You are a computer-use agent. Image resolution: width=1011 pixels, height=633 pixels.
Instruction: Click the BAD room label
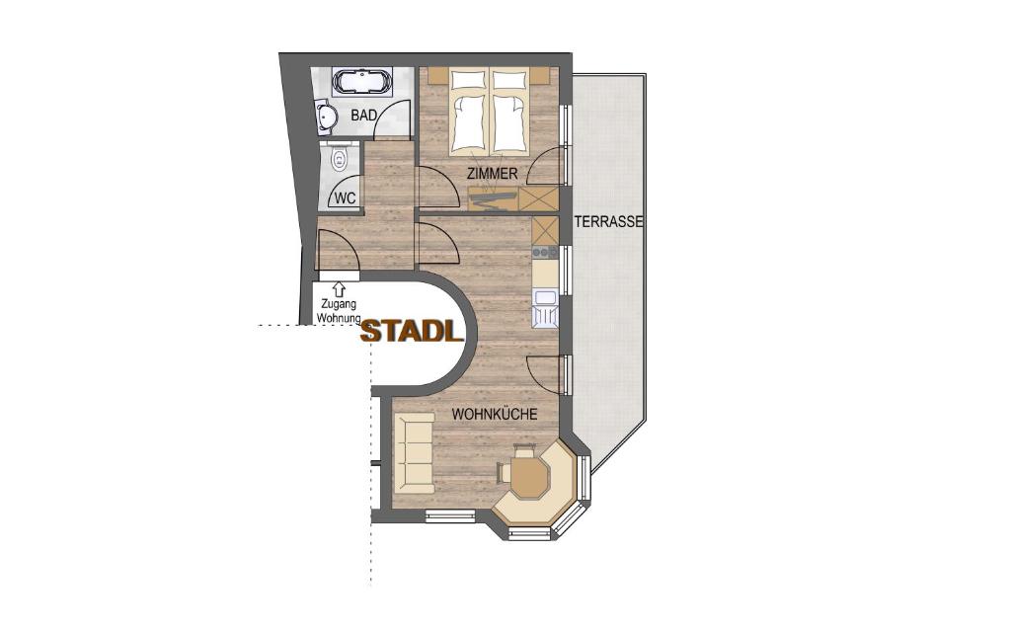coord(363,116)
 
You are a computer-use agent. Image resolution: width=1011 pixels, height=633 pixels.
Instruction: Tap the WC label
coord(345,198)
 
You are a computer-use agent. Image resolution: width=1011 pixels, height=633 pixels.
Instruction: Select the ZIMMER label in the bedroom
coord(493,175)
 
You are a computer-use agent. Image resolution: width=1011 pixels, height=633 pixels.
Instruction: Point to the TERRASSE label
coord(609,223)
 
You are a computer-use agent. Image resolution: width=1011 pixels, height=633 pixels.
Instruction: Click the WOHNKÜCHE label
coord(495,414)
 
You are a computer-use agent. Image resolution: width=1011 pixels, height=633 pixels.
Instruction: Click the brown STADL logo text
coord(412,332)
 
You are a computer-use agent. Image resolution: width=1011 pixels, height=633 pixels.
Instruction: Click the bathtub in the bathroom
coord(361,80)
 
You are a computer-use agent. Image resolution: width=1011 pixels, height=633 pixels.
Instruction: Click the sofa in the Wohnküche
coord(414,453)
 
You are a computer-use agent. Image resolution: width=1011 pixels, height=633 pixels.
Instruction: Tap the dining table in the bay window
coord(529,475)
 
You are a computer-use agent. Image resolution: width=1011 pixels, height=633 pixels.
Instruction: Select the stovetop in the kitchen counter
coord(544,253)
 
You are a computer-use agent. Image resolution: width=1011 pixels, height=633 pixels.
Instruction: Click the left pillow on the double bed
coord(470,78)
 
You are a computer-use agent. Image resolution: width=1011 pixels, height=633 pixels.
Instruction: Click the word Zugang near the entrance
coord(338,305)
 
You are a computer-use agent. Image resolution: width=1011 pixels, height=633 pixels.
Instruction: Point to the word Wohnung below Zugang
coord(338,319)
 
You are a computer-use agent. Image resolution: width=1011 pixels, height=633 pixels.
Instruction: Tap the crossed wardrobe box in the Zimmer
coord(539,198)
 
